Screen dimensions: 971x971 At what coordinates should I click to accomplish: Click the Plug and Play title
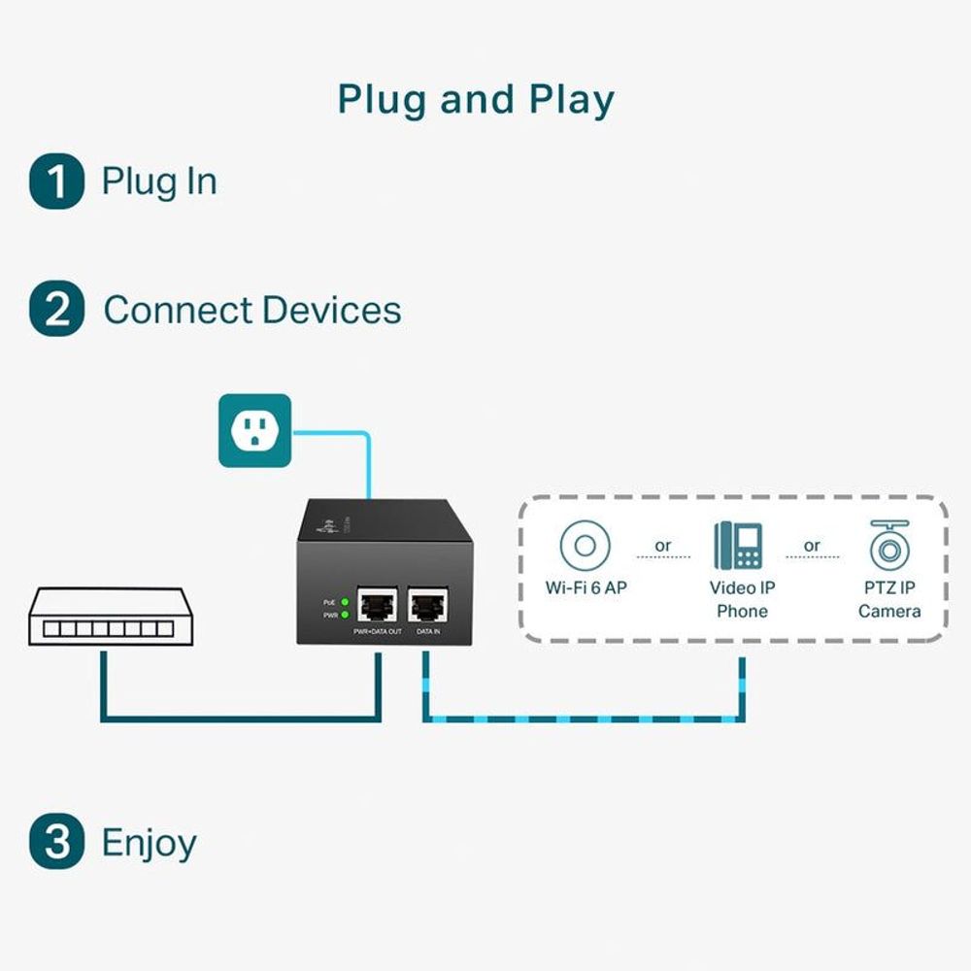pyautogui.click(x=476, y=100)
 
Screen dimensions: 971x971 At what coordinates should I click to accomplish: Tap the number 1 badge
pyautogui.click(x=56, y=182)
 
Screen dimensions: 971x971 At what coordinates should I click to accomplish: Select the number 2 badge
pyautogui.click(x=56, y=311)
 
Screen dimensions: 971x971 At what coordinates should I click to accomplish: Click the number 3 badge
pyautogui.click(x=56, y=842)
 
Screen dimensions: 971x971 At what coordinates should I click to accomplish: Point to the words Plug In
pyautogui.click(x=159, y=182)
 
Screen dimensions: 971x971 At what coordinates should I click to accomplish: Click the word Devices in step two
pyautogui.click(x=331, y=311)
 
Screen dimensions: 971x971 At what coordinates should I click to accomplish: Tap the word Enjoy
pyautogui.click(x=149, y=842)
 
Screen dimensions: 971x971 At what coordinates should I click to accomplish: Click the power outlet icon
pyautogui.click(x=254, y=430)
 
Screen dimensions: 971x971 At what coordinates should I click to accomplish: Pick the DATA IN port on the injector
pyautogui.click(x=427, y=605)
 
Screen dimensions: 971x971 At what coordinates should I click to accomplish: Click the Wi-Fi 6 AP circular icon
pyautogui.click(x=585, y=545)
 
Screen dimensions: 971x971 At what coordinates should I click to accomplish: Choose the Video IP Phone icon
pyautogui.click(x=739, y=545)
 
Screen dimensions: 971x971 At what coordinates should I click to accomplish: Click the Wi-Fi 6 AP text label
pyautogui.click(x=586, y=588)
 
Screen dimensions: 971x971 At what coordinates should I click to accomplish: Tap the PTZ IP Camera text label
pyautogui.click(x=889, y=599)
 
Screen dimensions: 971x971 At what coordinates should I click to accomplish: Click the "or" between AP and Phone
pyautogui.click(x=663, y=546)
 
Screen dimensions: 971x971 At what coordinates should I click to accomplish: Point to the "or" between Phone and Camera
pyautogui.click(x=812, y=546)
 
